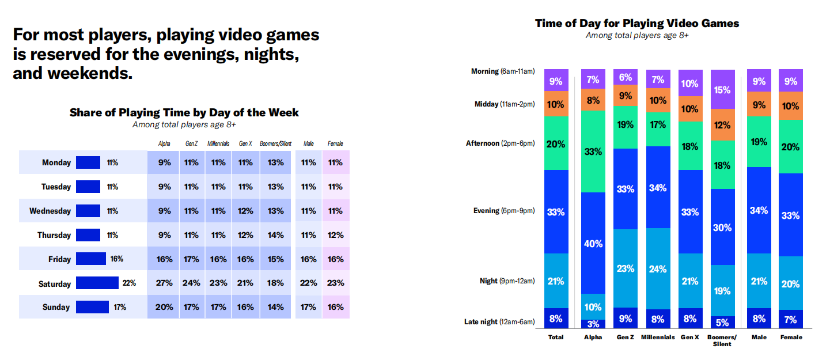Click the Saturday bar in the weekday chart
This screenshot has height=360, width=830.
(x=97, y=283)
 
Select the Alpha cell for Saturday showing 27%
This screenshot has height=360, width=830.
(x=164, y=283)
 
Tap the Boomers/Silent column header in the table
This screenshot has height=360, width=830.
(x=275, y=143)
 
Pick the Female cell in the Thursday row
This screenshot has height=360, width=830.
(x=335, y=235)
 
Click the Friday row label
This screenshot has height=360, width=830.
(x=59, y=259)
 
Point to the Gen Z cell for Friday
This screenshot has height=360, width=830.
(x=191, y=259)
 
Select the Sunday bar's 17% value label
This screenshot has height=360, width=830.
(x=120, y=307)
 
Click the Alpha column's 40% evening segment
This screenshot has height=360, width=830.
(x=593, y=243)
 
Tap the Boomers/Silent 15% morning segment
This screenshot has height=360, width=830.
(x=722, y=89)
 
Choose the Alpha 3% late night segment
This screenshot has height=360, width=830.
(x=593, y=324)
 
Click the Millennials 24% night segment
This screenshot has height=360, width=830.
(x=658, y=268)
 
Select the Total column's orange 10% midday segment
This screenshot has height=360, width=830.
(x=556, y=104)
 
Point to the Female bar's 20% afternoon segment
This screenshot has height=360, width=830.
(x=791, y=147)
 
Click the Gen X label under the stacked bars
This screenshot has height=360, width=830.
(x=690, y=337)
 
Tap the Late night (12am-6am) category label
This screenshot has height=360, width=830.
(x=499, y=321)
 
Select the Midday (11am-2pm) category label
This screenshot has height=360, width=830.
(x=505, y=104)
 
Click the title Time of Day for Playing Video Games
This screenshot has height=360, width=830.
(x=637, y=24)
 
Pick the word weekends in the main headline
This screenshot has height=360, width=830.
(x=90, y=73)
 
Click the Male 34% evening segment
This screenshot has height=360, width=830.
(x=759, y=210)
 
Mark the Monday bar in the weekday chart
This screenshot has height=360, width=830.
(x=88, y=162)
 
